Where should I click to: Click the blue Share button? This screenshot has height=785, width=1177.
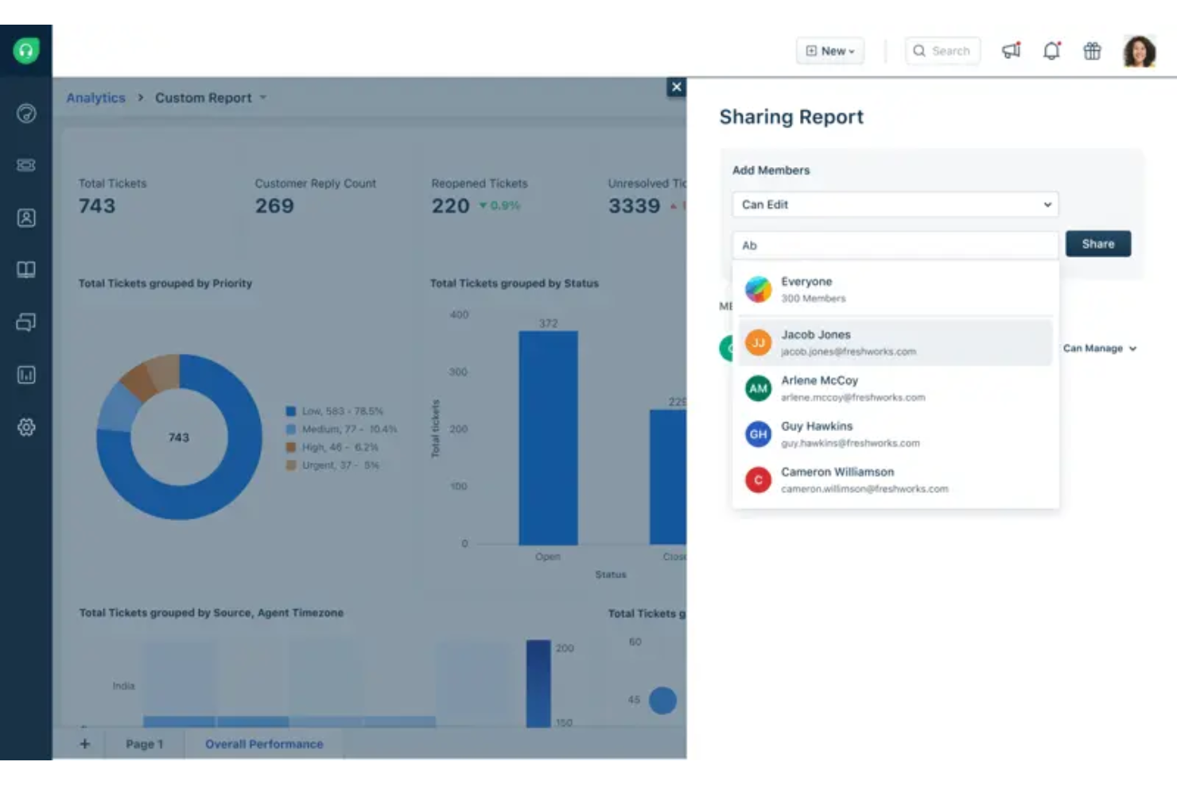pos(1097,244)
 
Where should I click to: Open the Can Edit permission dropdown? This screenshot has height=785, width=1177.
pos(895,204)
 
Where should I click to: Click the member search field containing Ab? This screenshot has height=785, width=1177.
pos(895,245)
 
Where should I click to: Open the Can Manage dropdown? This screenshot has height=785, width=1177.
pos(1100,348)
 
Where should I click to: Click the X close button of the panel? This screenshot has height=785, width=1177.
pos(676,87)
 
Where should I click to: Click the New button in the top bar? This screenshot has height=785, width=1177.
pos(829,51)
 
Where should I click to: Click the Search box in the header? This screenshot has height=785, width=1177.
pos(942,51)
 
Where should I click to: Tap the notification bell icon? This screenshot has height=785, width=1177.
pos(1051,51)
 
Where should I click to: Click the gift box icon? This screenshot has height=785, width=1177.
pos(1092,51)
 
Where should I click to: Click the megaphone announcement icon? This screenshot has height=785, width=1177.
pos(1011,51)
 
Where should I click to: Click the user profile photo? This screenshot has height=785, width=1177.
pos(1139,51)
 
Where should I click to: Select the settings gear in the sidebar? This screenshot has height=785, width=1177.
pos(26,427)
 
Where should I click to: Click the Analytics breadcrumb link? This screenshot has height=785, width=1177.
pos(95,98)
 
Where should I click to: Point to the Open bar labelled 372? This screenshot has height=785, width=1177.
pos(548,437)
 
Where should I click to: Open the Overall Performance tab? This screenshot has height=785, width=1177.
pos(264,744)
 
